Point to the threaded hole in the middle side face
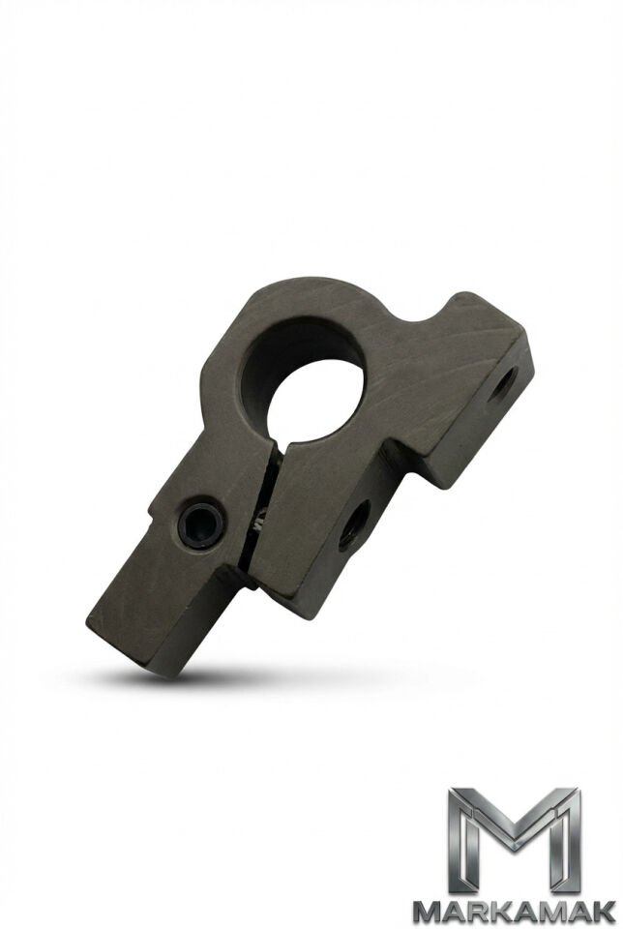click(x=353, y=524)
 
